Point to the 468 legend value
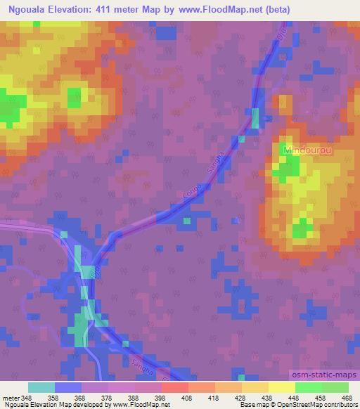pyautogui.click(x=346, y=398)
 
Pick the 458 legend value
pyautogui.click(x=320, y=398)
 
